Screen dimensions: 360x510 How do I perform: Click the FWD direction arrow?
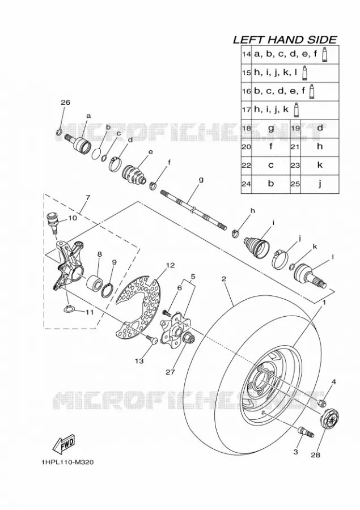[x=64, y=444]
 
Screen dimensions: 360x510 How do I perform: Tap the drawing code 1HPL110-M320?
[x=67, y=462]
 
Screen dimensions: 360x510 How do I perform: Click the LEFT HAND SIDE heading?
[x=285, y=40]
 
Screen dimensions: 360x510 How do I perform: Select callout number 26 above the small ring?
[x=65, y=103]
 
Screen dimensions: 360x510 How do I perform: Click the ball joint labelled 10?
[x=53, y=222]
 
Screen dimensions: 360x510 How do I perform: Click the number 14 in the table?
[x=247, y=54]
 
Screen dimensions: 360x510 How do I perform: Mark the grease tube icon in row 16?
[x=312, y=91]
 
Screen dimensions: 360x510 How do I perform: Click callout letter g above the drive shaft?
[x=201, y=180]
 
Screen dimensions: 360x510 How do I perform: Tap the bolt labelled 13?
[x=152, y=339]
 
